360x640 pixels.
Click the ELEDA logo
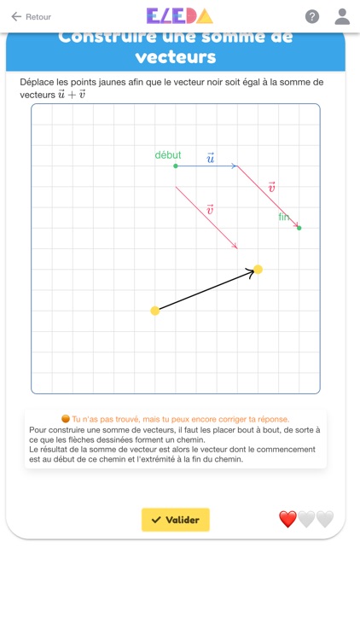tap(179, 16)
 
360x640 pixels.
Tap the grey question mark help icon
tap(312, 16)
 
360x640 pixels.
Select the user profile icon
tap(342, 16)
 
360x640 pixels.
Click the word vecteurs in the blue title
tap(175, 57)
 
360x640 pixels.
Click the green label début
tap(168, 155)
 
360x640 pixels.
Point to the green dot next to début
tap(176, 166)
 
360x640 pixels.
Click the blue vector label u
tap(210, 158)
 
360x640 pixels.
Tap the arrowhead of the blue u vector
tap(235, 166)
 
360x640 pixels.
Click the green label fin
tap(284, 217)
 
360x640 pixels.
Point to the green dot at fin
tap(299, 228)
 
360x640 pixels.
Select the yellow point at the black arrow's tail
tap(155, 311)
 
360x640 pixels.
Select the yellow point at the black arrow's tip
tap(258, 270)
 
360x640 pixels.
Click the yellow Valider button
tap(176, 520)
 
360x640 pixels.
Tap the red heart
tap(288, 519)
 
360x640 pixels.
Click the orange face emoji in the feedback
tap(66, 419)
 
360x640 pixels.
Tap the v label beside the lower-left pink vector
tap(210, 209)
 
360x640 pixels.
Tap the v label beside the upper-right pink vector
tap(271, 188)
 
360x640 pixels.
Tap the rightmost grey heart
tap(325, 519)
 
